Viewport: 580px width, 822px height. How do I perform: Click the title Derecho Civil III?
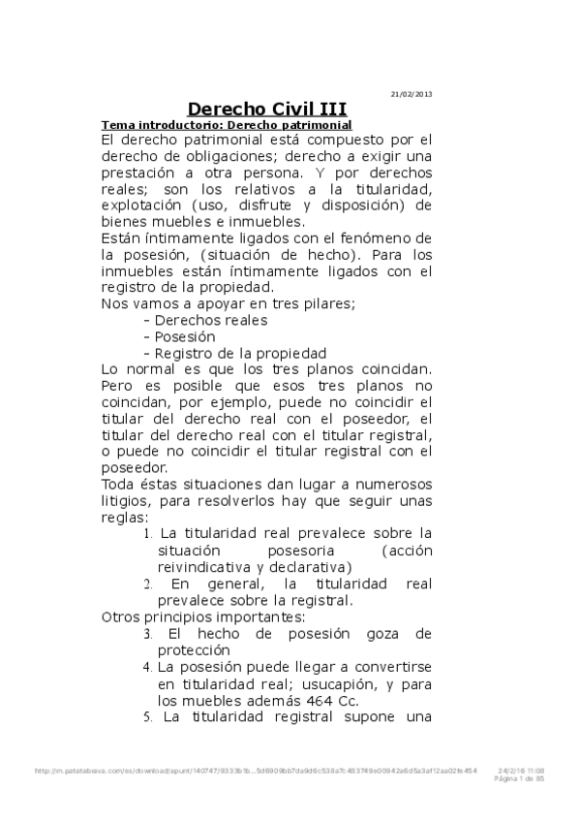point(266,110)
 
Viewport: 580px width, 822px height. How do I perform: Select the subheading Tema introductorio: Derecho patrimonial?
point(226,126)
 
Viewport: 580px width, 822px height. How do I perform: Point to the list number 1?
point(147,533)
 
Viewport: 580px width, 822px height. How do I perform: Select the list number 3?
point(147,634)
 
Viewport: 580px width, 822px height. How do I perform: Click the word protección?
point(194,650)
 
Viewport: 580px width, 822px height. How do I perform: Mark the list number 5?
point(147,718)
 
